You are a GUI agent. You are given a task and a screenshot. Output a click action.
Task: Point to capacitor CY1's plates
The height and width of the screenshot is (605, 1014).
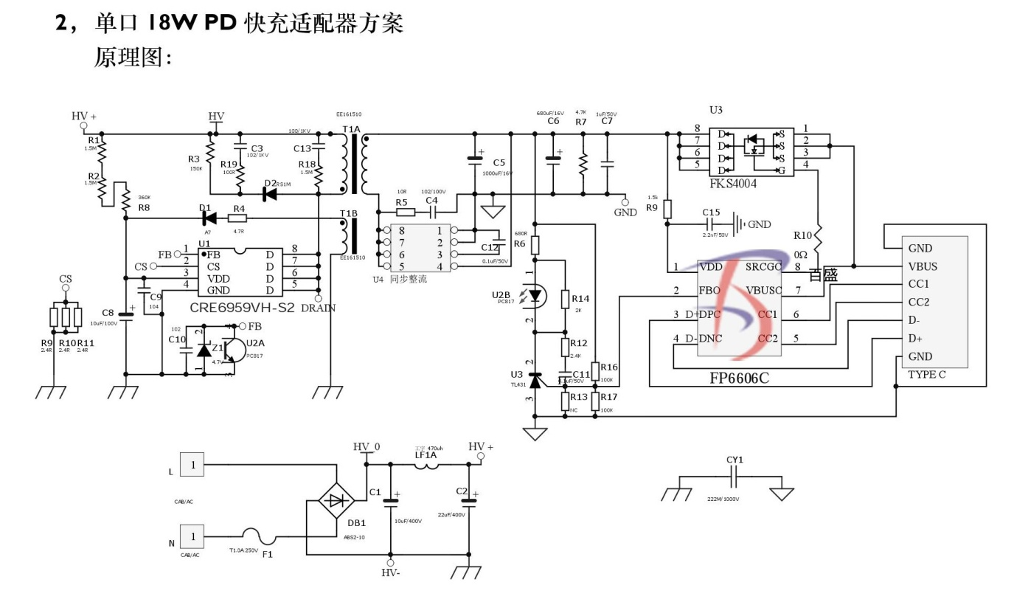(x=734, y=480)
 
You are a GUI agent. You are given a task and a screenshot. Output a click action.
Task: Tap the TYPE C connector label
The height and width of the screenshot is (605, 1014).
(x=928, y=374)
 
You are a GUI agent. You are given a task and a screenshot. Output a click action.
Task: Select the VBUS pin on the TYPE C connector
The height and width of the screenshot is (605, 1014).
(x=923, y=266)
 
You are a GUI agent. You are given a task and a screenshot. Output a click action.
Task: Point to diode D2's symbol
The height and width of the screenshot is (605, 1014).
(x=271, y=194)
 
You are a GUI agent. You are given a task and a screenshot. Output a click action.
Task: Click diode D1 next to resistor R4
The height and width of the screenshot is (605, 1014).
(x=207, y=218)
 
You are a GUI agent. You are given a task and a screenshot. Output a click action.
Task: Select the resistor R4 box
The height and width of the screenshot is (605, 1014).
(x=237, y=218)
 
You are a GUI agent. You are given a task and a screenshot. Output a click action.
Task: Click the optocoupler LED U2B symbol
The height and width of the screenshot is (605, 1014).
(x=535, y=296)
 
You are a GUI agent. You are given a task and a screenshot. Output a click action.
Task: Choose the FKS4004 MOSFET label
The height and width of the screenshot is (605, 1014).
(x=734, y=184)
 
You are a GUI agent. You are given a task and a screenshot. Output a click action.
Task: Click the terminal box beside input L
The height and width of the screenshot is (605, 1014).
(x=193, y=465)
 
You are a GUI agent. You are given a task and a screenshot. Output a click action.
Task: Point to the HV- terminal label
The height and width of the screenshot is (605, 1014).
(x=390, y=573)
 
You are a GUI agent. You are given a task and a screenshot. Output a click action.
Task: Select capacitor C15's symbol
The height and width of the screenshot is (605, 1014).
(x=712, y=224)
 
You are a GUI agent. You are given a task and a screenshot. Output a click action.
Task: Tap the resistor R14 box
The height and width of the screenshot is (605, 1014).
(x=565, y=300)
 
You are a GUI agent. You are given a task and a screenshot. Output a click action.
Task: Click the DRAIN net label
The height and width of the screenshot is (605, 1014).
(x=319, y=308)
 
